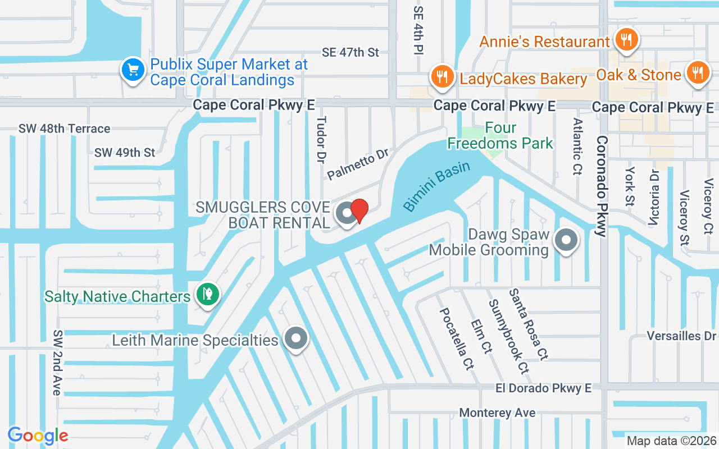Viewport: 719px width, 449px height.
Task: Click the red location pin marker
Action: point(359,211)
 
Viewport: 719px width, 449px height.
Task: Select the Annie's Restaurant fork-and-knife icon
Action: point(625,39)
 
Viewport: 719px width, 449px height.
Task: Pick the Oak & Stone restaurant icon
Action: point(698,72)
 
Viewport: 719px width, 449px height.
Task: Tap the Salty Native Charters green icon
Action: point(207,294)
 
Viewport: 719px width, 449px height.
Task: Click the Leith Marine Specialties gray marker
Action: point(295,338)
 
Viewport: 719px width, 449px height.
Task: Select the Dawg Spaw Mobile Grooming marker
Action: point(566,240)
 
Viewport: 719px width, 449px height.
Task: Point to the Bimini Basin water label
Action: point(436,189)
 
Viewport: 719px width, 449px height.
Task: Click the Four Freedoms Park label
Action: point(500,136)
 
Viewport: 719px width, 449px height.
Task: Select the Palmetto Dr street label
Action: point(358,164)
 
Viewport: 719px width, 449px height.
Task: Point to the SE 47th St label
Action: point(351,52)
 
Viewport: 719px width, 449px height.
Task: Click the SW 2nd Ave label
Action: point(57,362)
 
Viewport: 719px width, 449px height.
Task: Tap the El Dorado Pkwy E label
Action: point(543,388)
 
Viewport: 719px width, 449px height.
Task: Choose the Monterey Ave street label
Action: point(497,413)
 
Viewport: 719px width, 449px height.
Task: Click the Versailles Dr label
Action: point(682,336)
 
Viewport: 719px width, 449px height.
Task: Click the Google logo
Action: point(38,436)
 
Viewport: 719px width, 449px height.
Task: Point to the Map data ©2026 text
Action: point(671,441)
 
